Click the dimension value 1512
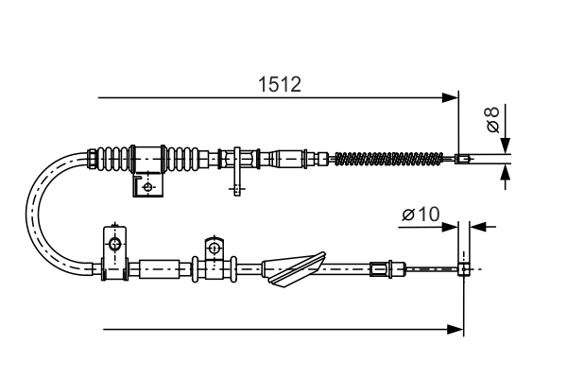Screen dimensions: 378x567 (x=280, y=84)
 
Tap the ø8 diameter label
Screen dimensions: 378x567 (x=490, y=120)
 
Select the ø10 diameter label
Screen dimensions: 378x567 (x=420, y=215)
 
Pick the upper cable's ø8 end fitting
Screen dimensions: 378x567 (x=462, y=159)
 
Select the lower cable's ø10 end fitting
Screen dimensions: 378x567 (x=464, y=269)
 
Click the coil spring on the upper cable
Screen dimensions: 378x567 (x=388, y=159)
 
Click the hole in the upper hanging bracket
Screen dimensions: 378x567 (x=147, y=187)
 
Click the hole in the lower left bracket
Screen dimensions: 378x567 (x=113, y=246)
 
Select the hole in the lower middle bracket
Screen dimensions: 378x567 (x=214, y=249)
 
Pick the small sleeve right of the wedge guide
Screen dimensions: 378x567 (x=379, y=269)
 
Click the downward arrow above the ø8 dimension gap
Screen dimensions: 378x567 (x=506, y=144)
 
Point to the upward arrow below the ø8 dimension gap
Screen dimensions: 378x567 (x=506, y=172)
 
